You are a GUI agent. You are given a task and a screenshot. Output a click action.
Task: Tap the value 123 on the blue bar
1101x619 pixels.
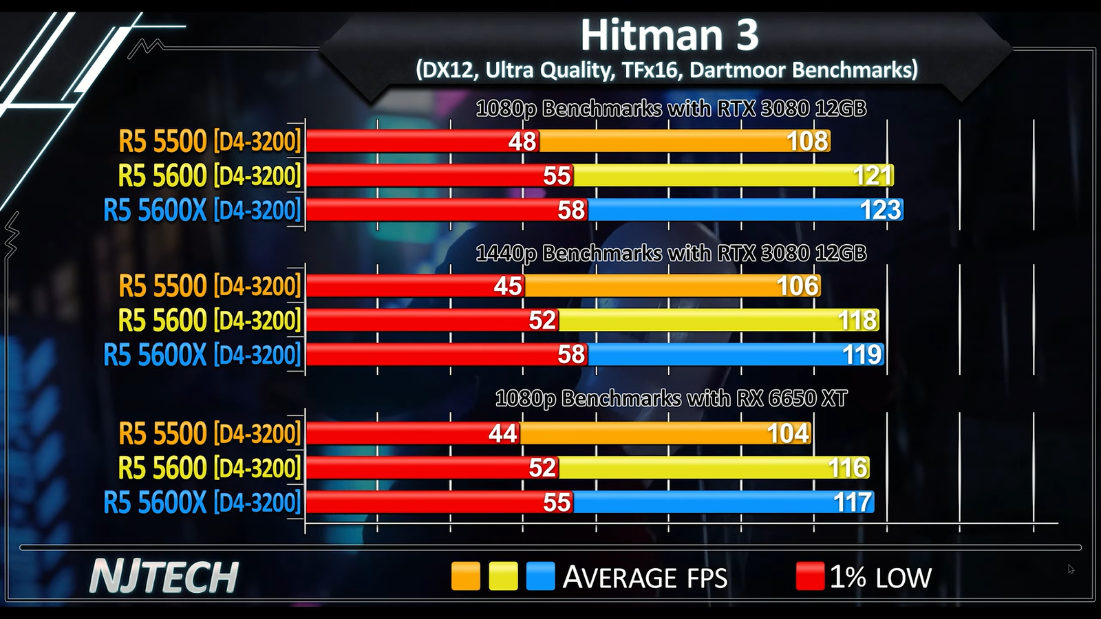point(880,210)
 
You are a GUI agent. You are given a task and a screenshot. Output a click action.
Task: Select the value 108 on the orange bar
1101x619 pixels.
point(807,141)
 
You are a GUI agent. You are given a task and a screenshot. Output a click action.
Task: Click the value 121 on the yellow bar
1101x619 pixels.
point(873,175)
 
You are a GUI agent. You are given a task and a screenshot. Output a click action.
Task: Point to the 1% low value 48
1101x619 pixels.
point(522,141)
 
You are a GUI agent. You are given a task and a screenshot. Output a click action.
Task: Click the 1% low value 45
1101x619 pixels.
point(508,285)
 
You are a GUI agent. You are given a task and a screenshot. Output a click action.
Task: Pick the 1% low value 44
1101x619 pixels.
point(502,433)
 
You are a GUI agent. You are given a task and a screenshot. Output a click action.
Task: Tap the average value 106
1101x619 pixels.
point(798,285)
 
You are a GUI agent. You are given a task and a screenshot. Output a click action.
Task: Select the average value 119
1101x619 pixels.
point(862,354)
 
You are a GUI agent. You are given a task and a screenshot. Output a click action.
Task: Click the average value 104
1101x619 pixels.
point(788,433)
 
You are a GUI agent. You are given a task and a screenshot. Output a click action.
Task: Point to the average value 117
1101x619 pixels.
point(853,502)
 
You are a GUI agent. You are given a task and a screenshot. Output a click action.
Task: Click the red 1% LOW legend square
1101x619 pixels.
point(810,576)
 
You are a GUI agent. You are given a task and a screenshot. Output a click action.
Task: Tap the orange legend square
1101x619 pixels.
point(465,576)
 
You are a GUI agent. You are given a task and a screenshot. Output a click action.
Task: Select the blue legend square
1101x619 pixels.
point(540,576)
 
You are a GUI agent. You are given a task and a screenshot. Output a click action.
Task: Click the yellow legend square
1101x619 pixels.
point(503,576)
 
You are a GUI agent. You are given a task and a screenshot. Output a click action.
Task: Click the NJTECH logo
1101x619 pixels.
point(164,576)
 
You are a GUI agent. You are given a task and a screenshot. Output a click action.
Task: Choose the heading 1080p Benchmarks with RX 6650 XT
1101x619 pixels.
point(671,398)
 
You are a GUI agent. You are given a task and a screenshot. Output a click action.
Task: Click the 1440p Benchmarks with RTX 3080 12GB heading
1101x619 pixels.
point(671,253)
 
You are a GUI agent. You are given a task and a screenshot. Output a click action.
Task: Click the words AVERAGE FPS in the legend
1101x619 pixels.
point(645,577)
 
